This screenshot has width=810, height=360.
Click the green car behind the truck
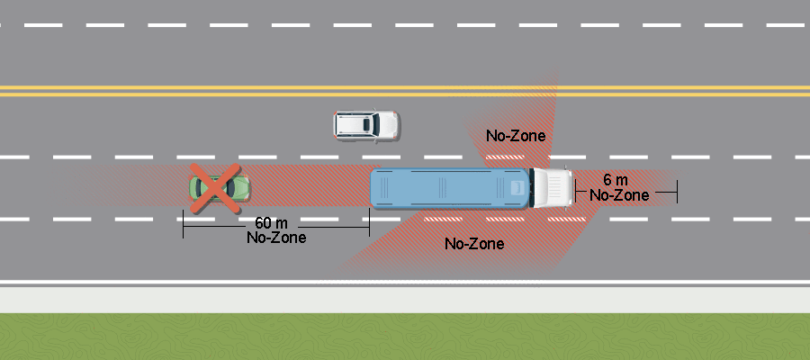pyautogui.click(x=220, y=187)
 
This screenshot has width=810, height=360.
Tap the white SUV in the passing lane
pyautogui.click(x=366, y=125)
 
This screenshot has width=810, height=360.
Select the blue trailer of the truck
pyautogui.click(x=449, y=188)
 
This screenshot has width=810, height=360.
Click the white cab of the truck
pyautogui.click(x=552, y=188)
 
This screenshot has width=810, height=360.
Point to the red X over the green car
pyautogui.click(x=215, y=188)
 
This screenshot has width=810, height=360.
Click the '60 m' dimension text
pyautogui.click(x=272, y=223)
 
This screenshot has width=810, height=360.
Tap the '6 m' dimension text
pyautogui.click(x=616, y=180)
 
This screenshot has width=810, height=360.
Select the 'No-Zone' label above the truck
pyautogui.click(x=516, y=136)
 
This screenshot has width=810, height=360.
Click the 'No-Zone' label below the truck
pyautogui.click(x=474, y=243)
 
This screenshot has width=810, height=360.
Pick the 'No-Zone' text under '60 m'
pyautogui.click(x=276, y=238)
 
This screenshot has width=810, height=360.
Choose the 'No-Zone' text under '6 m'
pyautogui.click(x=619, y=195)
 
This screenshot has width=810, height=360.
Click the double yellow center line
pyautogui.click(x=405, y=92)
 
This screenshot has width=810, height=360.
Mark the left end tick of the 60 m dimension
pyautogui.click(x=184, y=224)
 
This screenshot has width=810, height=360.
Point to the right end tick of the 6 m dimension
pyautogui.click(x=677, y=192)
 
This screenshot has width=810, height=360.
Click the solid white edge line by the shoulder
pyautogui.click(x=405, y=283)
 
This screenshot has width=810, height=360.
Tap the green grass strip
pyautogui.click(x=405, y=337)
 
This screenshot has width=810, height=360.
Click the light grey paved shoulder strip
pyautogui.click(x=405, y=300)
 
